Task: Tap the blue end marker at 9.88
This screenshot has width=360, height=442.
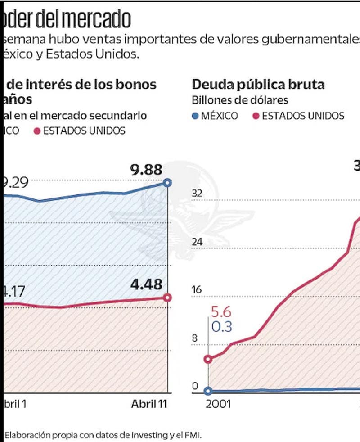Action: [168, 182]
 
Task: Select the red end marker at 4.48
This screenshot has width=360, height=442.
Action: [168, 298]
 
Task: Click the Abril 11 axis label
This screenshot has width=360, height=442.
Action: [149, 404]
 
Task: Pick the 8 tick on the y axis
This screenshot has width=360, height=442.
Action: [195, 338]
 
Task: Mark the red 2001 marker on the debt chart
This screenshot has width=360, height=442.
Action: [208, 359]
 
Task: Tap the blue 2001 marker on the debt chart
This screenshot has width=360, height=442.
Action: [208, 391]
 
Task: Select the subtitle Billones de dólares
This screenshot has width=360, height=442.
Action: [240, 100]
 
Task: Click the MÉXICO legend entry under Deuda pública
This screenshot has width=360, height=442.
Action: [215, 116]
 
